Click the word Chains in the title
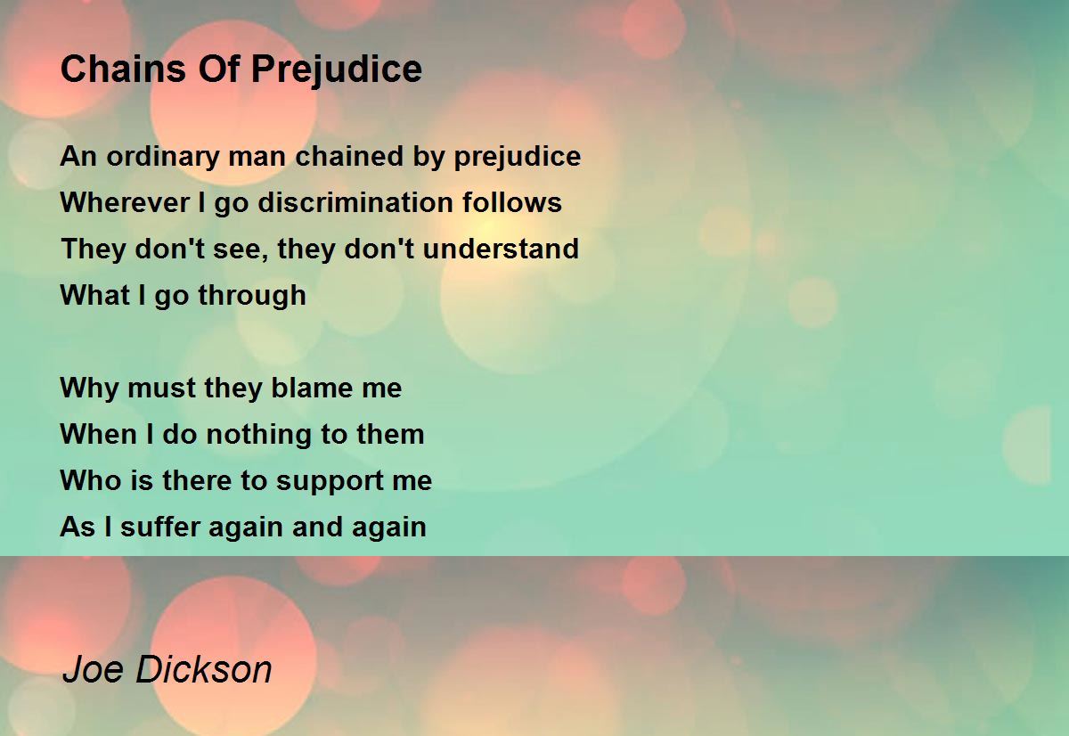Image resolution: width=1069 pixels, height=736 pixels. (x=123, y=70)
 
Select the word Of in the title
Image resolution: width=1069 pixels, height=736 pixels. (x=218, y=70)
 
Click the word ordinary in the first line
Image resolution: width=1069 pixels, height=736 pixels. (x=162, y=157)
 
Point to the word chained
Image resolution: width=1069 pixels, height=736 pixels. (x=349, y=156)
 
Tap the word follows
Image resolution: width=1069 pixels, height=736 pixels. (x=512, y=202)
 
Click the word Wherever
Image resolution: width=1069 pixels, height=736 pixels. (x=125, y=202)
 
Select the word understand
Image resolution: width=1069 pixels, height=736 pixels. (x=501, y=249)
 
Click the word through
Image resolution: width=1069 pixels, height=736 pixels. (x=252, y=296)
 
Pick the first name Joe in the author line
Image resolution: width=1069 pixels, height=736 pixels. (x=93, y=669)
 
